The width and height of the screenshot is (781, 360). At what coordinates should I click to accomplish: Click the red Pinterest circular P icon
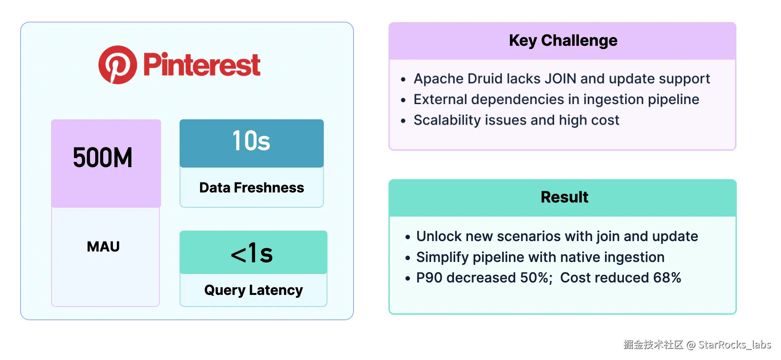(118, 65)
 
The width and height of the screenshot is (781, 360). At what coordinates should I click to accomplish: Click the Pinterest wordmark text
(202, 65)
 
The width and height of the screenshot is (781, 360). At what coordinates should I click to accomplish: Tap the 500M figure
(103, 157)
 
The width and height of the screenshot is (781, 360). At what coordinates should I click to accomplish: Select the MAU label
(103, 247)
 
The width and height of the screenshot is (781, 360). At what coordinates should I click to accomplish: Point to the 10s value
(251, 141)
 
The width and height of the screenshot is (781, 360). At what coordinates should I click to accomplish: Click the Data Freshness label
(251, 188)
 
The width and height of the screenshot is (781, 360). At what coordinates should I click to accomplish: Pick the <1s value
(252, 253)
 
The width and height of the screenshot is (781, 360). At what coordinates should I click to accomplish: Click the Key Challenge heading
(563, 41)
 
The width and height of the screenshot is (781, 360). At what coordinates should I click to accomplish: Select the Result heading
(564, 197)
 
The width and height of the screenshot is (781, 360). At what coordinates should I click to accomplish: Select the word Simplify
(442, 258)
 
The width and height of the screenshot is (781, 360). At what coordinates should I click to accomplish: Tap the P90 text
(429, 278)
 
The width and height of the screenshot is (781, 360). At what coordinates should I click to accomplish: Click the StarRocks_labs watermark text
(734, 345)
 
